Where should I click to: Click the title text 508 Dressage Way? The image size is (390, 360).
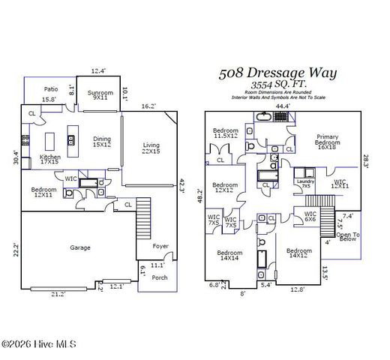coord(277,73)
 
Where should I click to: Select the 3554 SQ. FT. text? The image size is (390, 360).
coord(277,85)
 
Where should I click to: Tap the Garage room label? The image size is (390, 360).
coord(80,247)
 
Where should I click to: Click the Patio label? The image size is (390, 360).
coord(51,89)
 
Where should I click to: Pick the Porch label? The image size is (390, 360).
coord(160,276)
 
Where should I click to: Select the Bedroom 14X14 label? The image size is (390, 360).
coord(230,256)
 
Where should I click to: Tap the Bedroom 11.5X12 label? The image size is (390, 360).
coord(225,133)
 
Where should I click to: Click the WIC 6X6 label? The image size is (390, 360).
coord(310,217)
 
